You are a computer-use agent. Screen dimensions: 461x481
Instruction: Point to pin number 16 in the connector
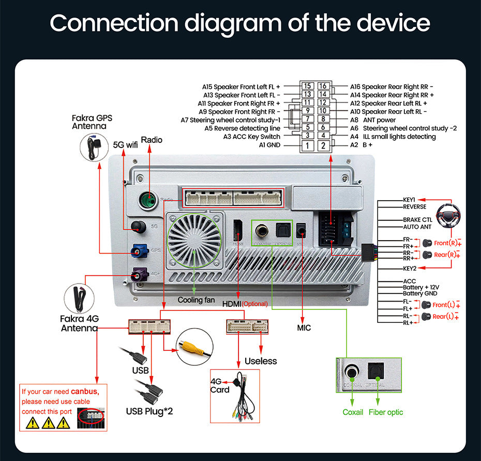[x=323, y=86]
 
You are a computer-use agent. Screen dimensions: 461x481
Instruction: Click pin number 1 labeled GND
[x=307, y=145]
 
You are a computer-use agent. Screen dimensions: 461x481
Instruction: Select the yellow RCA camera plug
[x=195, y=349]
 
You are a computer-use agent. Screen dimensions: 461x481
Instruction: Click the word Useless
[x=261, y=361]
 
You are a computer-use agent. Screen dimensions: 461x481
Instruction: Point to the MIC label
[x=304, y=328]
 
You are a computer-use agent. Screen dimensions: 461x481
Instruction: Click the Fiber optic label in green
[x=386, y=412]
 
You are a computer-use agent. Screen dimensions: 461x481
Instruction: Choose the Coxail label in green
[x=353, y=412]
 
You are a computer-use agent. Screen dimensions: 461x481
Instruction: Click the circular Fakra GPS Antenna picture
[x=96, y=146]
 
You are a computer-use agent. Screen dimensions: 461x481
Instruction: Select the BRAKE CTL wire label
[x=417, y=220]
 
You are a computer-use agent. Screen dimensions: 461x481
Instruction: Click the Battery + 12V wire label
[x=421, y=287]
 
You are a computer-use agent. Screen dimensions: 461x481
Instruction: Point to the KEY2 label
[x=410, y=268]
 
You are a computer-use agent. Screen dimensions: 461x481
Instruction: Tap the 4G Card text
[x=220, y=385]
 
